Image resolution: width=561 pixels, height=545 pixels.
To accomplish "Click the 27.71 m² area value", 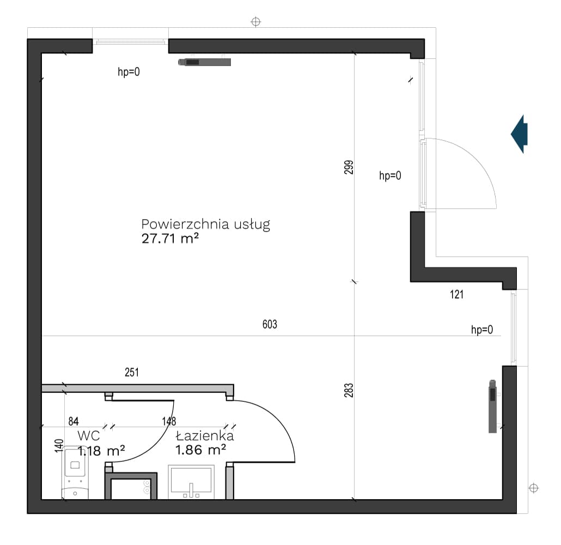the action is click(x=170, y=239).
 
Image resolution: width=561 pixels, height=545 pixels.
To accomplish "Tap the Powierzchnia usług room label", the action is click(x=206, y=224).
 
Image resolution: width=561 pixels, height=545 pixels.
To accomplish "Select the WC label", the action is click(x=89, y=436).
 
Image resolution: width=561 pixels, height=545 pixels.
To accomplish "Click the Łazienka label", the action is click(x=205, y=435).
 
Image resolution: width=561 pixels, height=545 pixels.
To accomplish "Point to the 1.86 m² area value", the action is click(x=200, y=450).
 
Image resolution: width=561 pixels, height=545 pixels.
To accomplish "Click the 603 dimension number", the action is click(x=270, y=324).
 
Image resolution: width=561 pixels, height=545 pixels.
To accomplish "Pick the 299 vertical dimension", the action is click(x=349, y=167).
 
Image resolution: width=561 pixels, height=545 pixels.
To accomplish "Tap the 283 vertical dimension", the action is click(x=349, y=390).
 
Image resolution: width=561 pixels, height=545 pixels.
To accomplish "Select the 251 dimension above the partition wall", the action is click(x=132, y=372).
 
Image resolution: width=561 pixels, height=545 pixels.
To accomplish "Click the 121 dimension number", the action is click(x=456, y=294).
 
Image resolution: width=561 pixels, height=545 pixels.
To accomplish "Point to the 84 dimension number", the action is click(x=74, y=421).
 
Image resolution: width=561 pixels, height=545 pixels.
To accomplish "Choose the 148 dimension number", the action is click(x=169, y=421).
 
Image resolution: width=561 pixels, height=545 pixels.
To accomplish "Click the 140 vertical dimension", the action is click(x=59, y=446).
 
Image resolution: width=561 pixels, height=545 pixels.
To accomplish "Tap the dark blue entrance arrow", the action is click(x=519, y=134).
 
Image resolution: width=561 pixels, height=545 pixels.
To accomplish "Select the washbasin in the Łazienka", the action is click(x=191, y=482).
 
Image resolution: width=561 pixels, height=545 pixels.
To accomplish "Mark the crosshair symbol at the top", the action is click(x=255, y=22).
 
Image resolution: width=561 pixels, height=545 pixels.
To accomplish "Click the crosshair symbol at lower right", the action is click(x=533, y=488).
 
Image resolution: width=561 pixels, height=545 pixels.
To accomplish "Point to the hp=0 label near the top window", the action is click(x=129, y=72).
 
